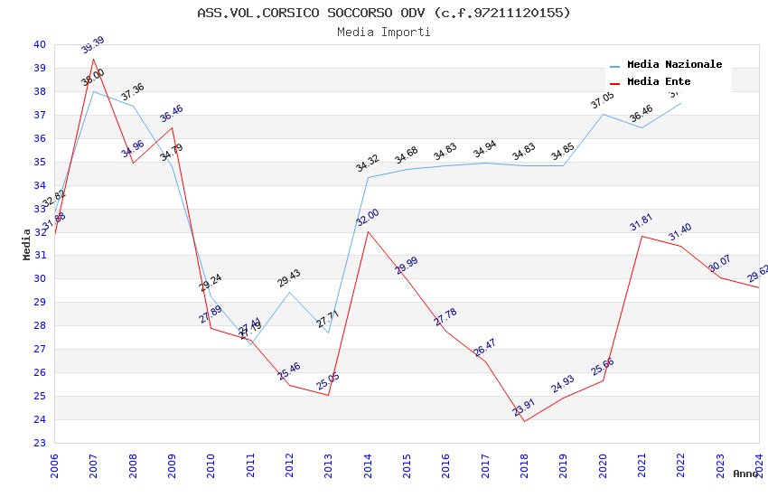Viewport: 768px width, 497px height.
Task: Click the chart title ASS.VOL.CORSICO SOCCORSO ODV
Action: coord(384,13)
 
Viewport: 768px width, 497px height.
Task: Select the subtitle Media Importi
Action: coord(384,32)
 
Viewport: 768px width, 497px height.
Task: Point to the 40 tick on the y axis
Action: coord(39,44)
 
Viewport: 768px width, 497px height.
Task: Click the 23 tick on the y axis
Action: coord(39,443)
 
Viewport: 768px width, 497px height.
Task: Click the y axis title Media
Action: coord(27,244)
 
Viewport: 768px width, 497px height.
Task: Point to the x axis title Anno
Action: coord(745,474)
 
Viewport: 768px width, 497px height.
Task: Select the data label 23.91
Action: coord(524,408)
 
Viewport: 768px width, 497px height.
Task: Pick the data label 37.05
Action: coord(602,100)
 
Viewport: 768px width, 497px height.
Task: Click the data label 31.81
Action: coord(642,222)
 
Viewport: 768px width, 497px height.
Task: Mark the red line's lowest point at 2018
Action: coord(524,421)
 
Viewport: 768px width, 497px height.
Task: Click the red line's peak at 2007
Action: coord(93,59)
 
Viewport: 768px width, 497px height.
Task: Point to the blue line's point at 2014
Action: coord(368,177)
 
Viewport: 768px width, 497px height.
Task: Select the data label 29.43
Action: coord(289,278)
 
